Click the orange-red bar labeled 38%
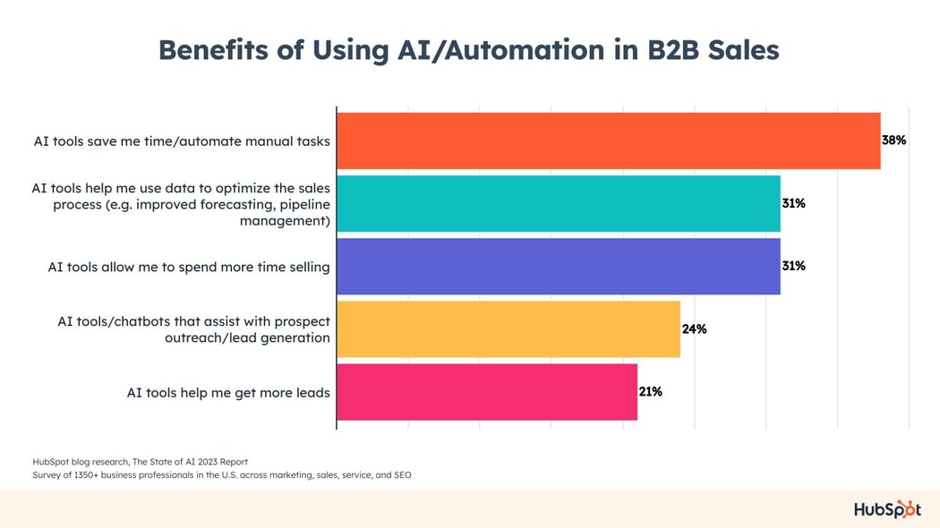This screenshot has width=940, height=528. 608,141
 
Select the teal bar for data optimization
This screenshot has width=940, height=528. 558,203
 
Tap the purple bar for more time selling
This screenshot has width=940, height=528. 558,266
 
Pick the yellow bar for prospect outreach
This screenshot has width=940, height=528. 508,328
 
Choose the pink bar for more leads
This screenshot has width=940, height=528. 486,391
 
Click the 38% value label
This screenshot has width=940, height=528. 894,141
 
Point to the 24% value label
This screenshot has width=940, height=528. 694,328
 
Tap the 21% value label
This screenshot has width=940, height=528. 651,391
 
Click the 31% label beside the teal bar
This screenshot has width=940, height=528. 794,203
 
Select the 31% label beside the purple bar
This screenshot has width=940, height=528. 794,266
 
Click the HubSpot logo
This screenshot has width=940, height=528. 886,508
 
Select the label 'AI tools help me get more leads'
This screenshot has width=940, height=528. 228,392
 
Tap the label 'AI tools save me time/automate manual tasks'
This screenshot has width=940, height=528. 181,141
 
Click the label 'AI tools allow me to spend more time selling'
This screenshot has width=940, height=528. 189,267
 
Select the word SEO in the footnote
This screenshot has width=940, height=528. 402,475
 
